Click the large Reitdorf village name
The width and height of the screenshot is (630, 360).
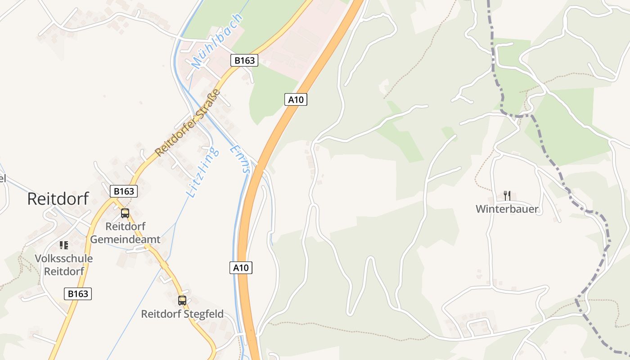click(x=58, y=198)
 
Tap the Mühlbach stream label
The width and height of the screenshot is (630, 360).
click(x=217, y=41)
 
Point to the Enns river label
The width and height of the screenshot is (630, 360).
click(x=239, y=159)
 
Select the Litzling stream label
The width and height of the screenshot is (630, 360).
click(x=203, y=172)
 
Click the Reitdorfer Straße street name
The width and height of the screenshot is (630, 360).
click(x=188, y=123)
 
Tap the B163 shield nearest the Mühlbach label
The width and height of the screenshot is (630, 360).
click(x=244, y=60)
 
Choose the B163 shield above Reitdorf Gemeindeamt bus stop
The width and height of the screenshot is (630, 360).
click(x=124, y=191)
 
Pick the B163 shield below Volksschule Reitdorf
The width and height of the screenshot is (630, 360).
click(x=78, y=294)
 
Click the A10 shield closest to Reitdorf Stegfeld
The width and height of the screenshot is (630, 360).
click(x=241, y=268)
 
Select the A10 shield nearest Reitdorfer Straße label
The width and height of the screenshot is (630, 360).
click(x=296, y=99)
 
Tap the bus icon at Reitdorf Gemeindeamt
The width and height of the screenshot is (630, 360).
click(x=125, y=213)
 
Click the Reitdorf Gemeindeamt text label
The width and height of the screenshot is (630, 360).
click(x=125, y=233)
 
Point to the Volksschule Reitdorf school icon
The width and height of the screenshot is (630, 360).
click(x=64, y=245)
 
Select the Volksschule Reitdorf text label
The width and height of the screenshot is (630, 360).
click(x=64, y=265)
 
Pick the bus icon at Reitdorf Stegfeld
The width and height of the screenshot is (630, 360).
click(x=182, y=300)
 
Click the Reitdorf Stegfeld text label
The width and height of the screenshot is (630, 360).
click(x=182, y=314)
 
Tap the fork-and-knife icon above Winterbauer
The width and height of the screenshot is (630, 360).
click(x=507, y=195)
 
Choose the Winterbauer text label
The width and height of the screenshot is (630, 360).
click(x=507, y=209)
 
